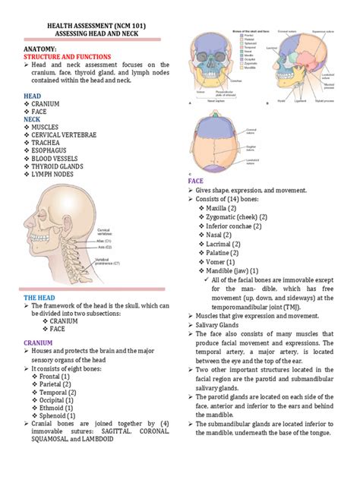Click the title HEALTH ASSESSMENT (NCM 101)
pos(97,26)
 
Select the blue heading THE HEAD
pos(41,296)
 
